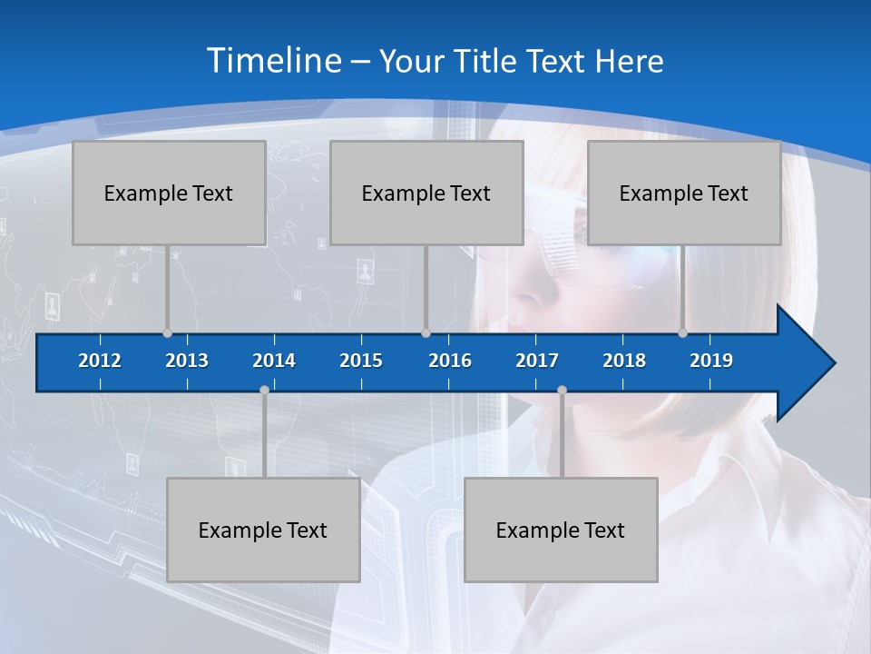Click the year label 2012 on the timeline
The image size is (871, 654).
(100, 361)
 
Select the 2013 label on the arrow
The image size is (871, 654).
(187, 361)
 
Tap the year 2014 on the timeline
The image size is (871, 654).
(274, 361)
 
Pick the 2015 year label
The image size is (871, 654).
(361, 361)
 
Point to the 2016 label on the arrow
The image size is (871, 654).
(450, 361)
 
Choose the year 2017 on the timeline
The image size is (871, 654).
(537, 361)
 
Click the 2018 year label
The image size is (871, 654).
(624, 361)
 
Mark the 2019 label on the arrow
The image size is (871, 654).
(711, 361)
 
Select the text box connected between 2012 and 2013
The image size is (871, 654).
(169, 193)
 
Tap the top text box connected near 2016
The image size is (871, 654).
(426, 193)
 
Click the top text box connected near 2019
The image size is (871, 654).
(684, 193)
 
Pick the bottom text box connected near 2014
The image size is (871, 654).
(263, 530)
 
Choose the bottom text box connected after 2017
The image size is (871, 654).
(561, 530)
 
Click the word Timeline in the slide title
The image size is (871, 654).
(274, 60)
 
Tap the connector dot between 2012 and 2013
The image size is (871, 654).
(167, 333)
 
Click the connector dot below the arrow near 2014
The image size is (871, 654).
(264, 391)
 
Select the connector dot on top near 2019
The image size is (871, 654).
(683, 333)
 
